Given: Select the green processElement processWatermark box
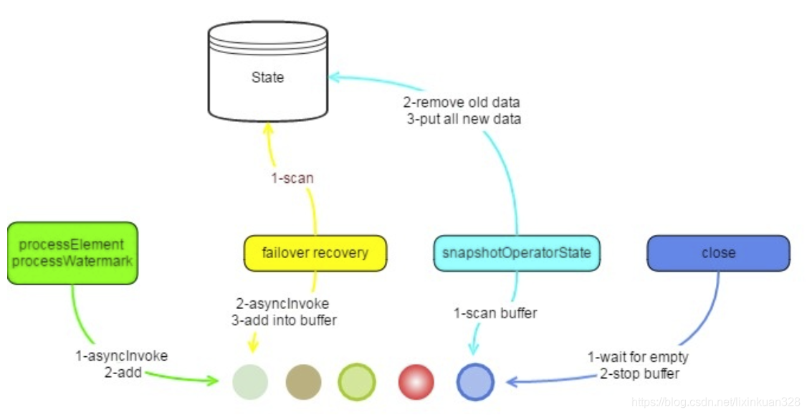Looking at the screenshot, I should pyautogui.click(x=72, y=253).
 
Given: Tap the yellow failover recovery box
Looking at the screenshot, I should pyautogui.click(x=315, y=253).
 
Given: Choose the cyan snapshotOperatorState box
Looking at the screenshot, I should pyautogui.click(x=516, y=253).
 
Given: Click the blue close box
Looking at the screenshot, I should pyautogui.click(x=718, y=253).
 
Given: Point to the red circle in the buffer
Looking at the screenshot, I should pyautogui.click(x=416, y=382).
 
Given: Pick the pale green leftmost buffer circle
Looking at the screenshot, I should pyautogui.click(x=250, y=382).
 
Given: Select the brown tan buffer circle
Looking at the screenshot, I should pyautogui.click(x=303, y=382).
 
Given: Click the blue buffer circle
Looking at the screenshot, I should pyautogui.click(x=475, y=382).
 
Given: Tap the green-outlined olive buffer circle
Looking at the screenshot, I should pyautogui.click(x=356, y=382).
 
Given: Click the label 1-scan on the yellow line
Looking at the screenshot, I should pyautogui.click(x=292, y=178).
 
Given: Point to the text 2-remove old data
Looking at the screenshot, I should pyautogui.click(x=461, y=102).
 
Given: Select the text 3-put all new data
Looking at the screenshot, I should pyautogui.click(x=464, y=119).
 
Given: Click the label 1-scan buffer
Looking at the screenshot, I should pyautogui.click(x=495, y=313).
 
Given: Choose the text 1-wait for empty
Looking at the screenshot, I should pyautogui.click(x=638, y=357).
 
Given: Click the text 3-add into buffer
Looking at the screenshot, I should pyautogui.click(x=284, y=320).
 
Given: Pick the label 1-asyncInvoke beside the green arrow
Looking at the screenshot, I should pyautogui.click(x=121, y=356).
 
